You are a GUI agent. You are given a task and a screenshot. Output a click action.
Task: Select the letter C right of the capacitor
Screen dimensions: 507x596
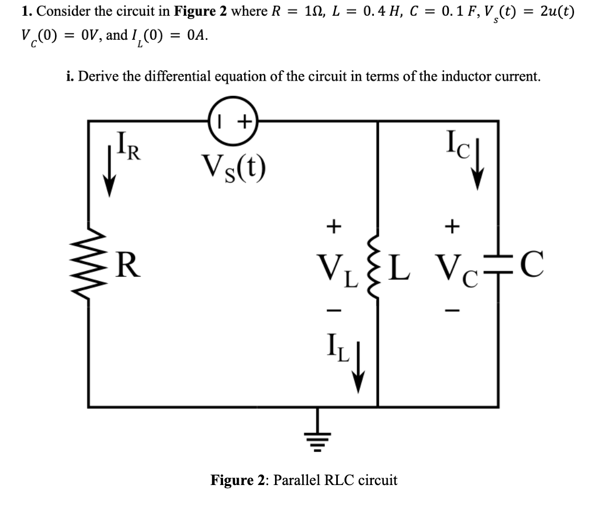click(533, 262)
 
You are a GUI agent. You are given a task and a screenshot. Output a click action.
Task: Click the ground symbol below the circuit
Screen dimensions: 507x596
click(316, 427)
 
